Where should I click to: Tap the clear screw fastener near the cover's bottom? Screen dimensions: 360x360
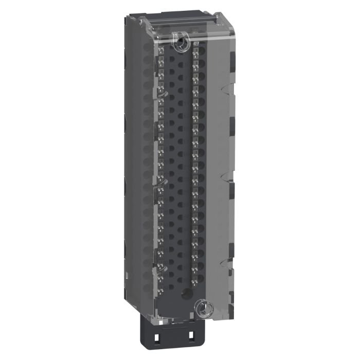coord(201,309)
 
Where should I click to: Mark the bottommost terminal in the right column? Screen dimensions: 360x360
coord(196,278)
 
